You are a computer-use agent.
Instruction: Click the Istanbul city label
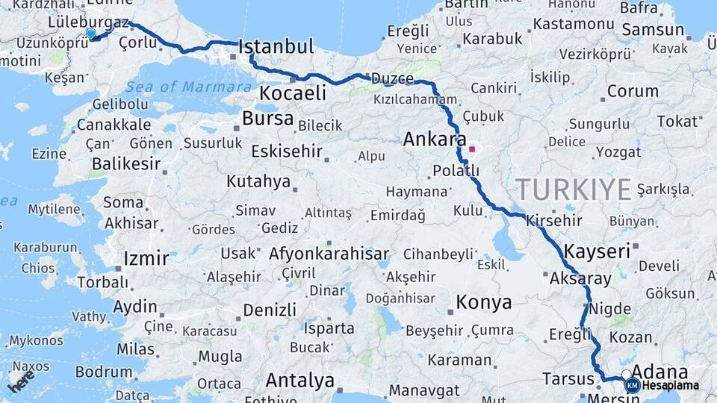click(x=276, y=47)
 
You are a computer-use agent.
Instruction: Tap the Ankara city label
click(x=434, y=139)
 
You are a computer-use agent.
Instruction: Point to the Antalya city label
click(x=300, y=381)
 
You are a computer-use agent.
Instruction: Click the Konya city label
click(x=484, y=302)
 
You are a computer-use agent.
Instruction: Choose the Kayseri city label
click(x=597, y=251)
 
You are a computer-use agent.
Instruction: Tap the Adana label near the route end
click(x=659, y=372)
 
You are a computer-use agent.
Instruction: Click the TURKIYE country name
click(x=574, y=190)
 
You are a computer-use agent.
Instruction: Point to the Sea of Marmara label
click(x=188, y=87)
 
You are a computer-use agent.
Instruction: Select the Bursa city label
click(x=267, y=119)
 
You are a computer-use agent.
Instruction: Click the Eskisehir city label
click(x=287, y=151)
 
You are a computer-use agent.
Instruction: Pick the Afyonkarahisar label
click(x=329, y=253)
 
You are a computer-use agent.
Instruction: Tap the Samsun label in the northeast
click(x=653, y=30)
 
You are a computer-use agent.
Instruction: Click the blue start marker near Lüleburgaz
click(x=91, y=34)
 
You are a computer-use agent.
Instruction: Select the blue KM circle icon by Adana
click(x=633, y=386)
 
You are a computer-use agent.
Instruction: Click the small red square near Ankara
click(x=471, y=149)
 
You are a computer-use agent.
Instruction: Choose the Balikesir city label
click(x=125, y=163)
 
